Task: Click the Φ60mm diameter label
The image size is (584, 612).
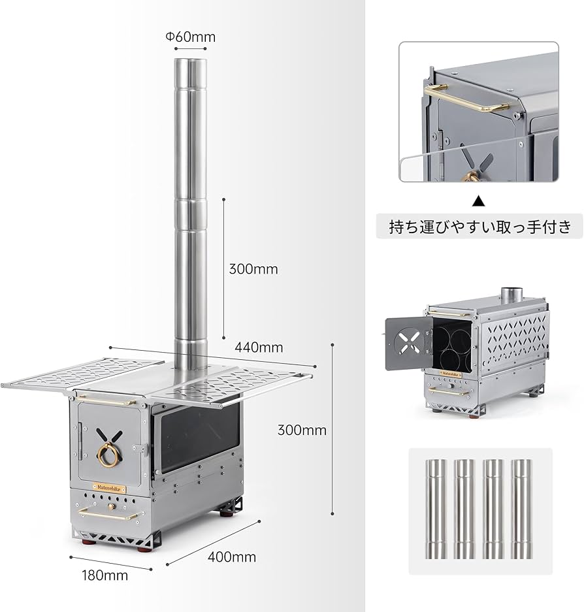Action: [x=190, y=37]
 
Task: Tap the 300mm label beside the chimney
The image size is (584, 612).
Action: [x=253, y=268]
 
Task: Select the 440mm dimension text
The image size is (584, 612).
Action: [x=259, y=347]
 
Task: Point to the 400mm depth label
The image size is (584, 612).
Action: [x=231, y=557]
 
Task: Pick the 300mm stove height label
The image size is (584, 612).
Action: [x=302, y=430]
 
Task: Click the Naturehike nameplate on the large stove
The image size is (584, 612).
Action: [x=108, y=487]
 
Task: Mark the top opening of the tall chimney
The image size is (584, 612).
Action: [x=189, y=62]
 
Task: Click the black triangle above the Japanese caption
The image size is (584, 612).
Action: [x=479, y=201]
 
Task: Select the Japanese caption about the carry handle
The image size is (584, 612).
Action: [x=479, y=227]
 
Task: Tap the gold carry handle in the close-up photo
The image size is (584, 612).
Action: [x=467, y=98]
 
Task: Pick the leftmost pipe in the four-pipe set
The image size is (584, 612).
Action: [x=436, y=509]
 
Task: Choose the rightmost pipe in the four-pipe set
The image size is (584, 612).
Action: [x=521, y=509]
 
